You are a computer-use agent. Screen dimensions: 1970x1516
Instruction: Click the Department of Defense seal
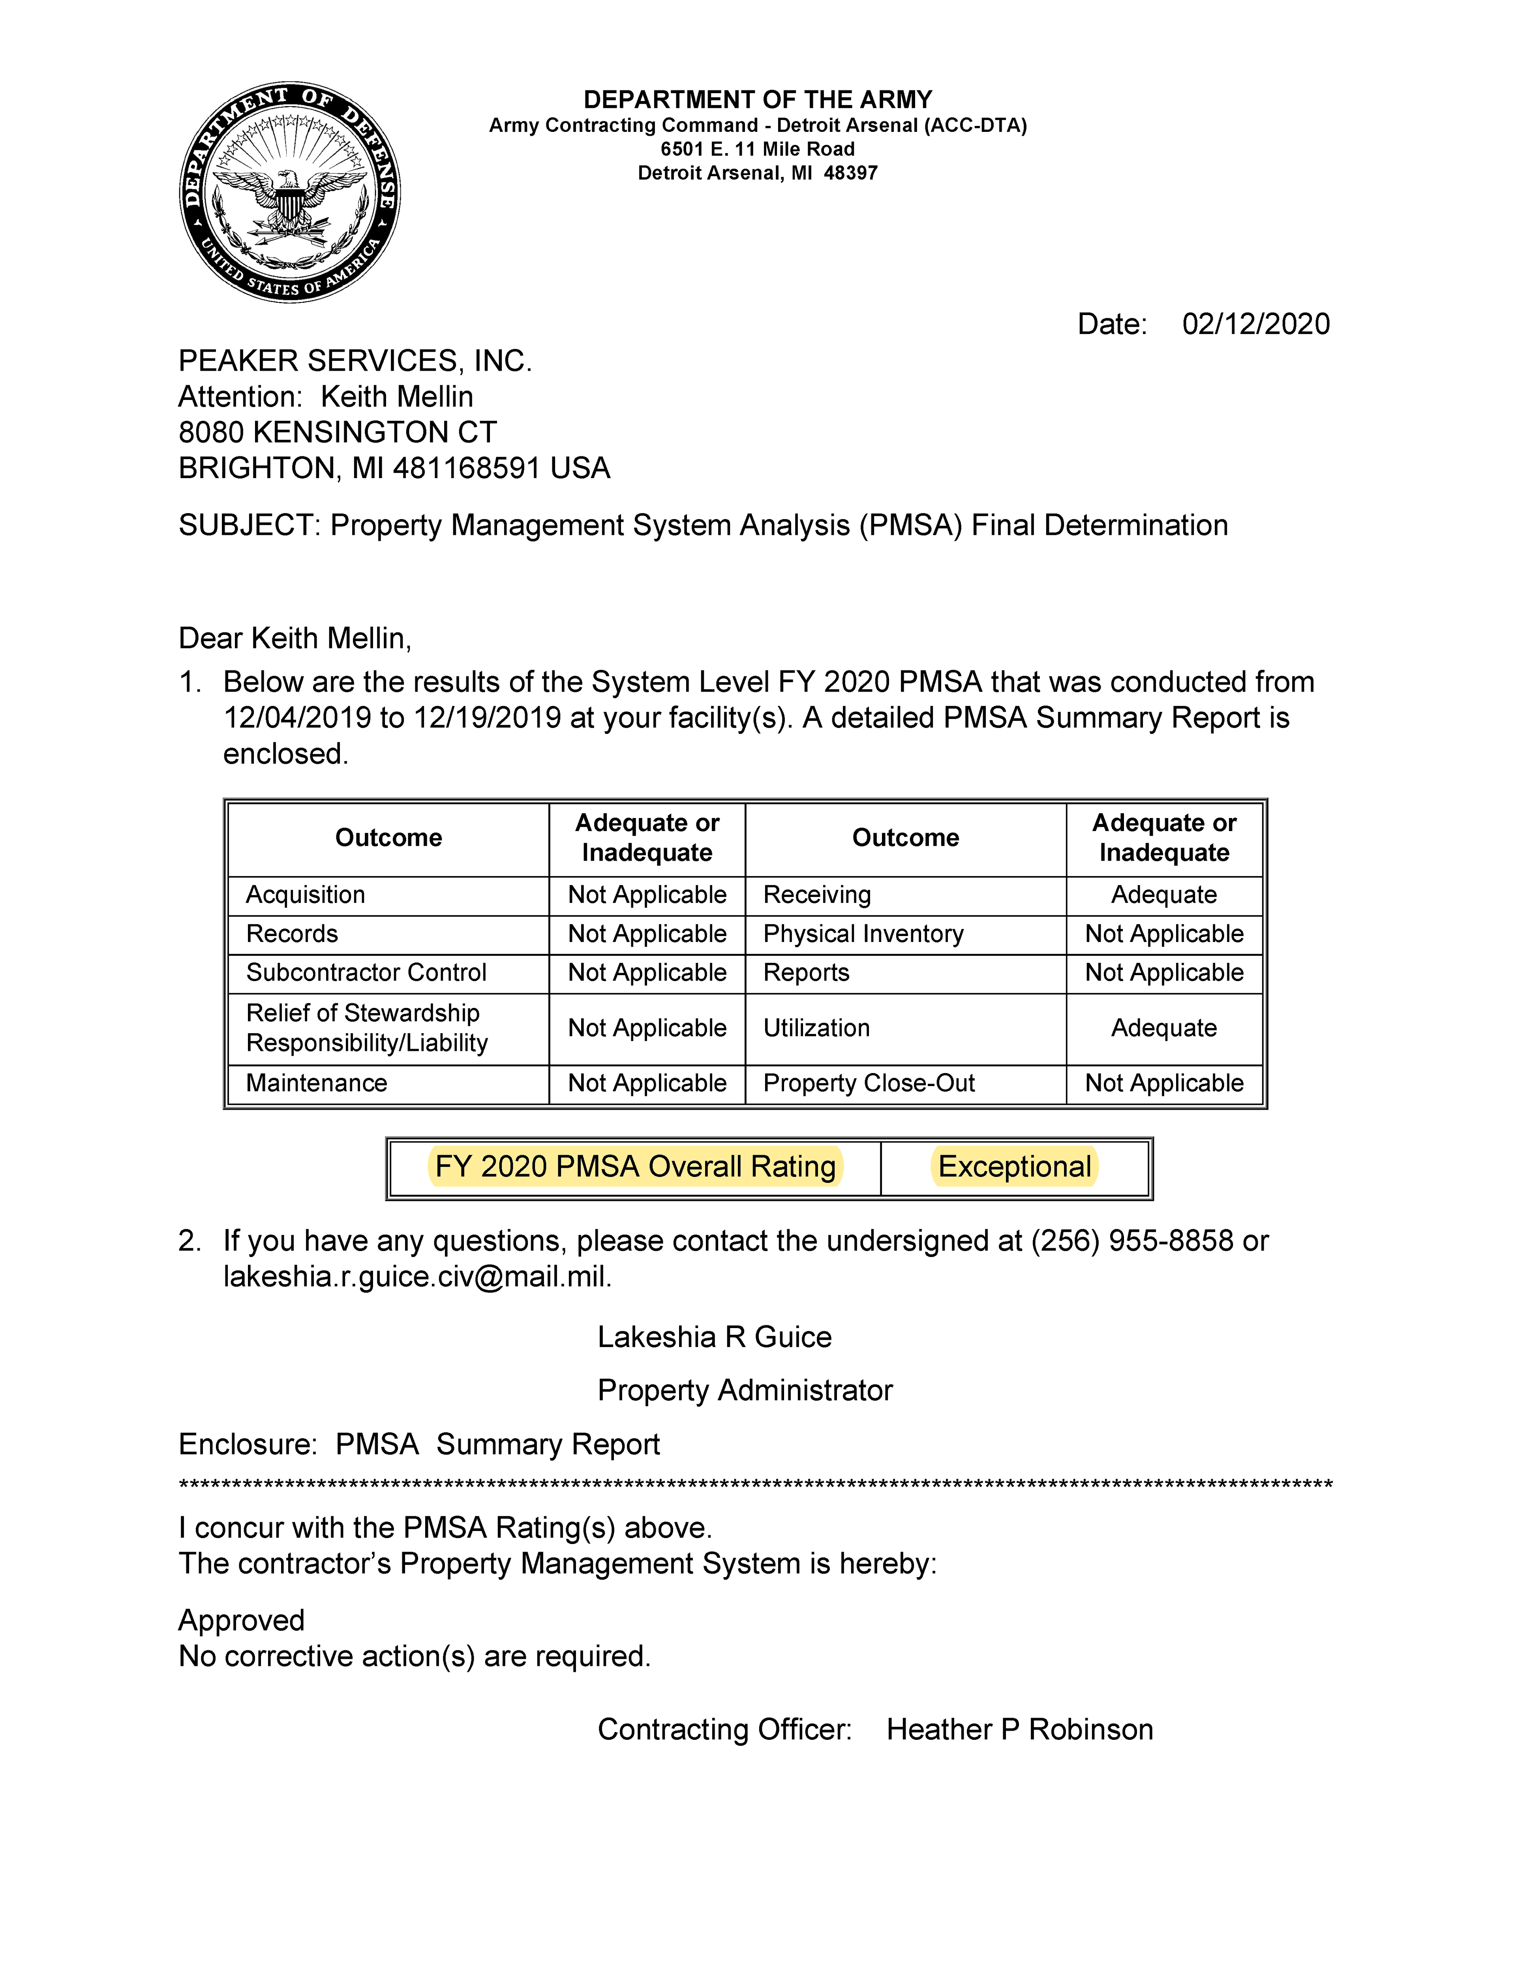[289, 192]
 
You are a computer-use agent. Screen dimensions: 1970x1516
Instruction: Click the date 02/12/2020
[1255, 324]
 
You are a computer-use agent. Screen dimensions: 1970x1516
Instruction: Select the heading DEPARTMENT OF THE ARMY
[758, 99]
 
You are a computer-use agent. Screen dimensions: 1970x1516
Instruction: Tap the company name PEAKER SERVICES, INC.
[355, 361]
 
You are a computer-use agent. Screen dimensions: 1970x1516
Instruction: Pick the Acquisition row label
[306, 895]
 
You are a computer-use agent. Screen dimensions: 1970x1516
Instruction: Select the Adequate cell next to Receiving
[1163, 895]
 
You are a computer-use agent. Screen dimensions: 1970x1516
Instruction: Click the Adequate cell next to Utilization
[1163, 1028]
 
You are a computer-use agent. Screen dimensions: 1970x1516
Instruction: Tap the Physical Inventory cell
[863, 934]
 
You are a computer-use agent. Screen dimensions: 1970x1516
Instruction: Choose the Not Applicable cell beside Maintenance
[647, 1083]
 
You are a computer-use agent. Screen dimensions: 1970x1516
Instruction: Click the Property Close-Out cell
[869, 1083]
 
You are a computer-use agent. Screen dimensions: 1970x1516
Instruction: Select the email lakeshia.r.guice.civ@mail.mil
[417, 1277]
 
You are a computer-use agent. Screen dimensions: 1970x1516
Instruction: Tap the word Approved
[242, 1620]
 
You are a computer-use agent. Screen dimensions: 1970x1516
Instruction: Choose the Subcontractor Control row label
[366, 972]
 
